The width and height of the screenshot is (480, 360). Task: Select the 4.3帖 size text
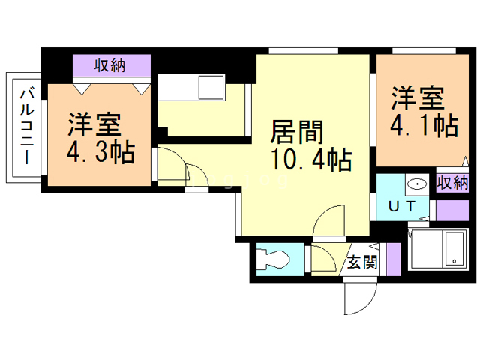pyautogui.click(x=100, y=153)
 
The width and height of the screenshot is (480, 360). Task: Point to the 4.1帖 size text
pyautogui.click(x=424, y=124)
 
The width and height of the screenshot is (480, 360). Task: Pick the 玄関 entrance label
pyautogui.click(x=361, y=262)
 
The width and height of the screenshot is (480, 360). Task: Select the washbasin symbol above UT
pyautogui.click(x=413, y=184)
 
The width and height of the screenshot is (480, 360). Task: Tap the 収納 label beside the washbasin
pyautogui.click(x=452, y=181)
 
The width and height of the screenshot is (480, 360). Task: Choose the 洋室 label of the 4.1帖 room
pyautogui.click(x=418, y=97)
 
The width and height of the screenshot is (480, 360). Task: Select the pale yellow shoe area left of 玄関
pyautogui.click(x=324, y=259)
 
